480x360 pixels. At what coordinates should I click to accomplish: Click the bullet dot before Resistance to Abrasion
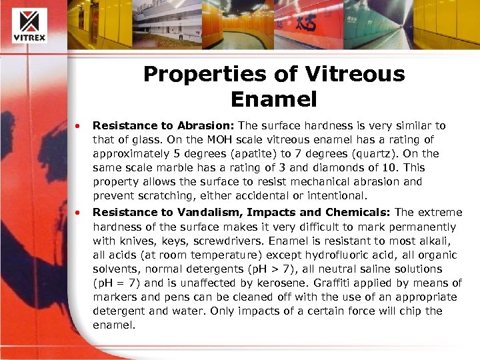79,125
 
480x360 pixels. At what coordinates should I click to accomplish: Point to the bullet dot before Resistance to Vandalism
79,213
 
